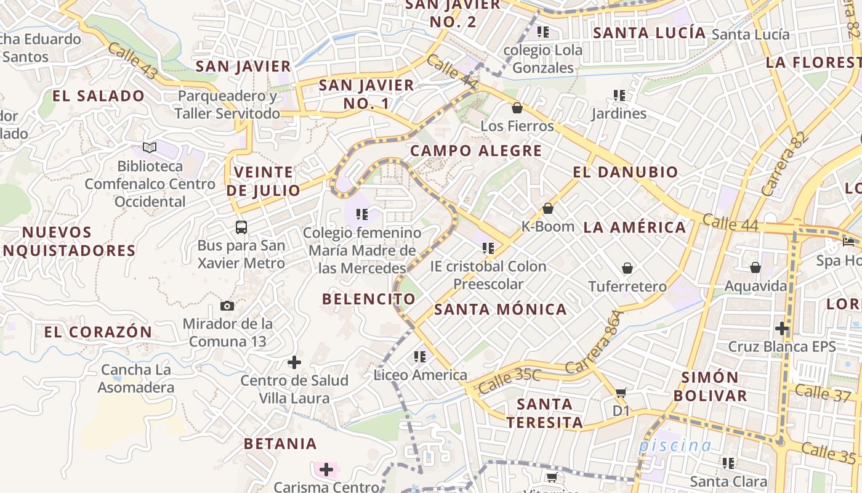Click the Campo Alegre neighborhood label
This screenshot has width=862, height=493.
476,150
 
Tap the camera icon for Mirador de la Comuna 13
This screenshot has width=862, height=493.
227,306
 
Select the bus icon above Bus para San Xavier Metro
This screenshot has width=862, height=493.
241,227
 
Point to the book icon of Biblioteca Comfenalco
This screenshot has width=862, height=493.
150,147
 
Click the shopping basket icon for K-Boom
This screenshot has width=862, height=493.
547,208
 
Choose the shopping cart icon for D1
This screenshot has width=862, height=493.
621,393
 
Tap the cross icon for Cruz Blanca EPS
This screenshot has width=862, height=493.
782,328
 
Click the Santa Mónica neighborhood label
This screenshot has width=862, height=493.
501,309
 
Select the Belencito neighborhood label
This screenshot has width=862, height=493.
369,299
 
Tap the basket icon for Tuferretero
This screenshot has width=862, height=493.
627,268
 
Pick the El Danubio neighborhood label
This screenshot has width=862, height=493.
626,172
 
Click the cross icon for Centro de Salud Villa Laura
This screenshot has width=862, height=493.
294,362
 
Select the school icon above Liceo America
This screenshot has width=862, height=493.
420,356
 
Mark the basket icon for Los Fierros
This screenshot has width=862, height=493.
517,108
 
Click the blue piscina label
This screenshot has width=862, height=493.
675,445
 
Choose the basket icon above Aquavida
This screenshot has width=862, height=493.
755,267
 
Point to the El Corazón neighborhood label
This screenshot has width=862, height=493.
98,332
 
